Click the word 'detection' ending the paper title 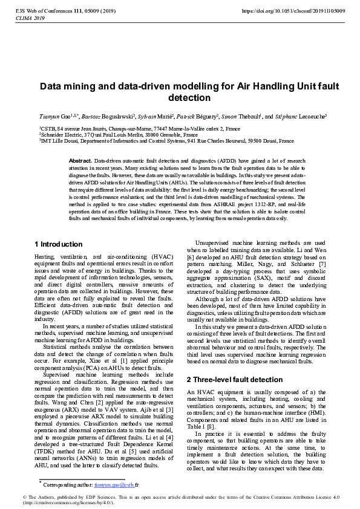189,98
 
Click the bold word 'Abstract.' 80,160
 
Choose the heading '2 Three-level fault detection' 226,363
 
